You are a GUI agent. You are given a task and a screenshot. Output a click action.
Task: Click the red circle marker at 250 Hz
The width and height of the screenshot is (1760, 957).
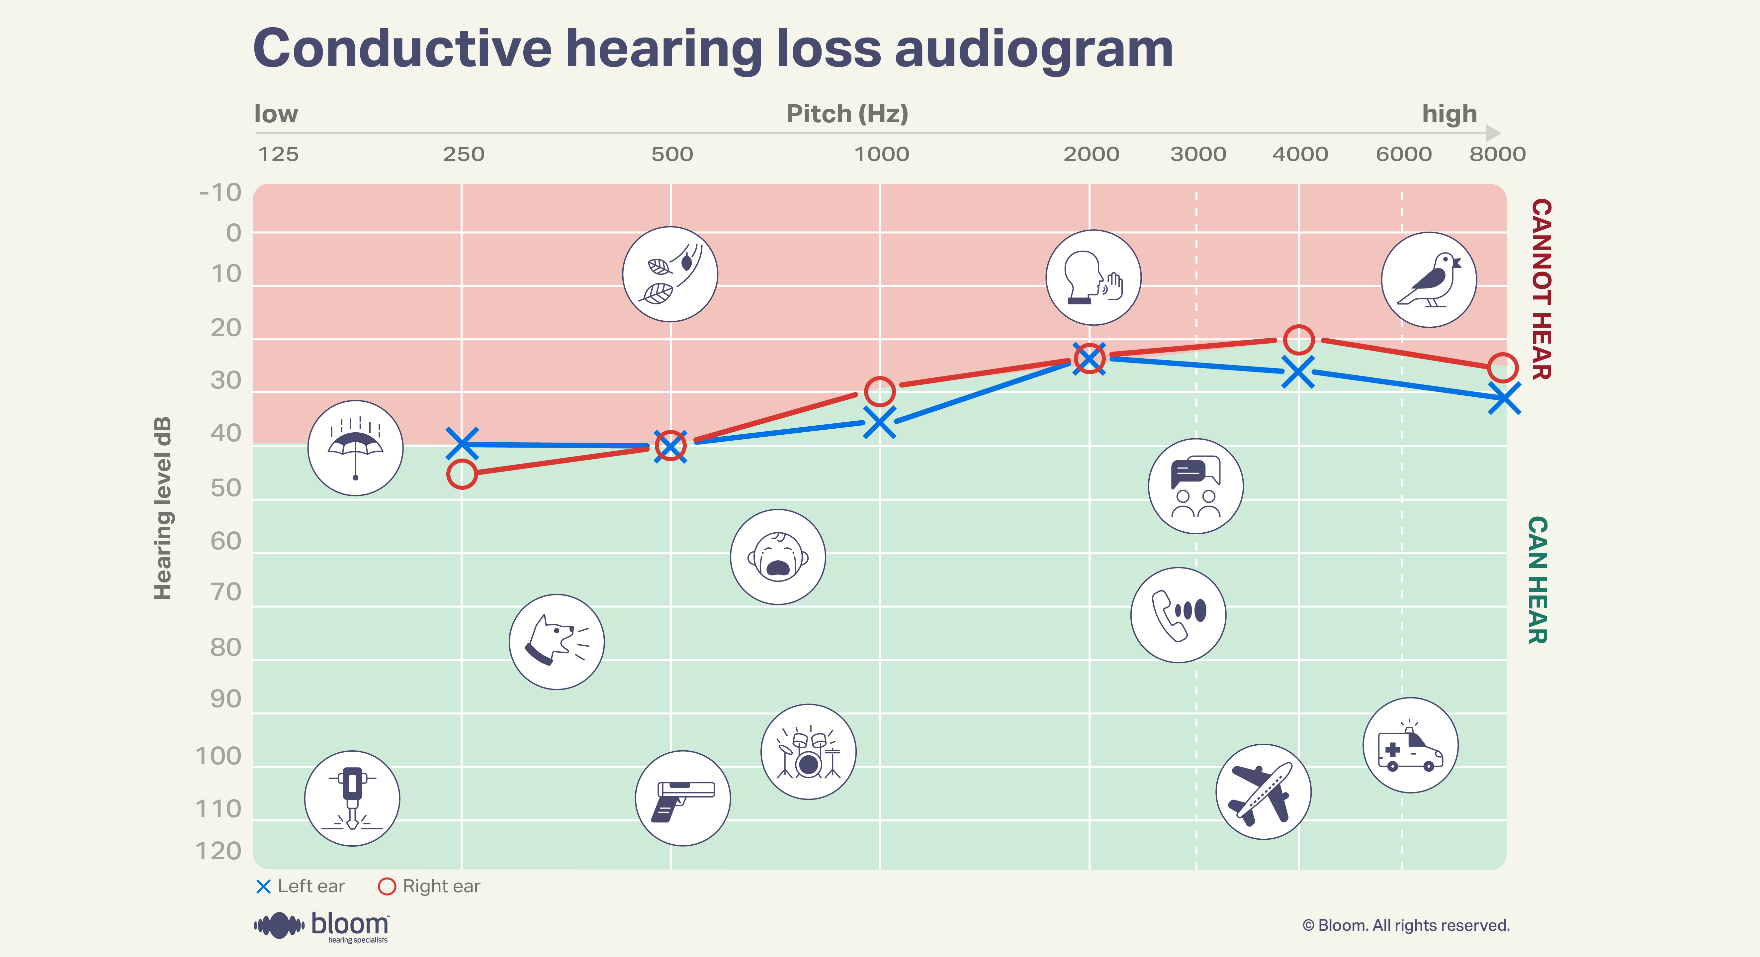(x=462, y=474)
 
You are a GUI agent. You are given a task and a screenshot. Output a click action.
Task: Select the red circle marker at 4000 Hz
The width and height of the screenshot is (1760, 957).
(x=1298, y=339)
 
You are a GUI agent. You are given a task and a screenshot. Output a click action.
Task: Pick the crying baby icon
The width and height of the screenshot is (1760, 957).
(x=777, y=557)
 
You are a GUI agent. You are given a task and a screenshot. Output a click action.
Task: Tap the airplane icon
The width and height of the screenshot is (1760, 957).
(x=1263, y=792)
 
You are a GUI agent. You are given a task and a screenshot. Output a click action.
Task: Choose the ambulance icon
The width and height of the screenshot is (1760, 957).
(x=1410, y=745)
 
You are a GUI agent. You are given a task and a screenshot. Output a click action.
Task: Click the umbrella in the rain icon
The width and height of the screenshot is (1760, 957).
(x=355, y=448)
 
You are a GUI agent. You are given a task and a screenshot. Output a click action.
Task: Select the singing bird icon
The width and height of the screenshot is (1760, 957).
(x=1429, y=279)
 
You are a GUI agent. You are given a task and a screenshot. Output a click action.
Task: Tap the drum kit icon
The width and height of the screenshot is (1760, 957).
(x=808, y=752)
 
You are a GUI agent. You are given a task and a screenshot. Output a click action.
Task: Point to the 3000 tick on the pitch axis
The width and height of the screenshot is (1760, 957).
(x=1198, y=155)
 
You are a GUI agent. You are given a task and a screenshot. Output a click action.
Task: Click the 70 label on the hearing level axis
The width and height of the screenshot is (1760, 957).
(x=225, y=592)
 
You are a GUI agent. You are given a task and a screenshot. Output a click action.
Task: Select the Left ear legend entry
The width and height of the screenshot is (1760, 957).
(x=301, y=887)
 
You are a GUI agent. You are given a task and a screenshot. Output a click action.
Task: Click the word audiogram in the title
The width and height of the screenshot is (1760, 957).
(x=1033, y=49)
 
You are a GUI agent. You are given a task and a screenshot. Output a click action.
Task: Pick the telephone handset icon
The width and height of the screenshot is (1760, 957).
(x=1178, y=614)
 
